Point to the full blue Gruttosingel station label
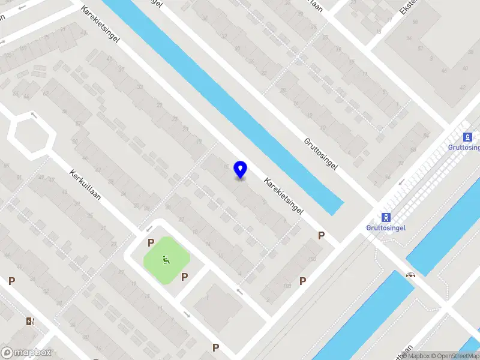click(x=386, y=228)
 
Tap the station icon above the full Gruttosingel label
click(x=386, y=217)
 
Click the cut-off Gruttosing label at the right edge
click(x=464, y=148)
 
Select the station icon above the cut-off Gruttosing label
click(x=467, y=137)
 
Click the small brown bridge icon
click(x=411, y=275)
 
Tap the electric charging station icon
click(x=30, y=322)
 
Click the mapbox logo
click(x=26, y=353)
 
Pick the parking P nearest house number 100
click(x=322, y=236)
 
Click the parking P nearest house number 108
click(x=302, y=280)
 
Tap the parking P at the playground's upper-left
click(x=151, y=242)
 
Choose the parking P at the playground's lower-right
click(x=185, y=277)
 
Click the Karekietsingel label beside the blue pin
click(x=282, y=196)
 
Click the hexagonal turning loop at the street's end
click(x=31, y=135)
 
